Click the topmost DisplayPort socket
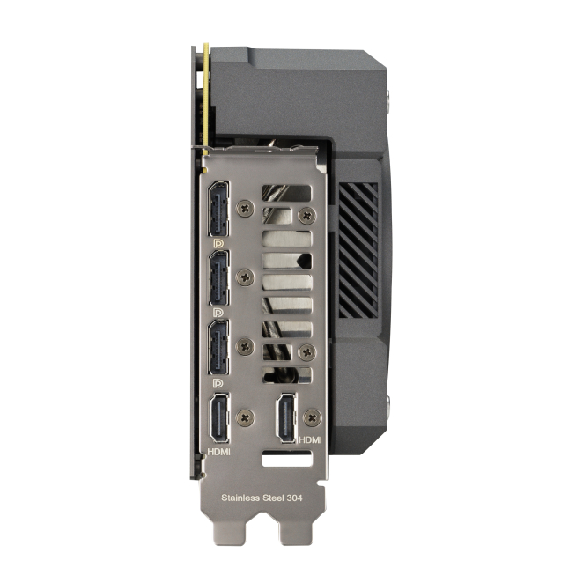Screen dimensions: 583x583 pyautogui.click(x=218, y=209)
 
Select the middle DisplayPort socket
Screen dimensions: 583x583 pyautogui.click(x=218, y=277)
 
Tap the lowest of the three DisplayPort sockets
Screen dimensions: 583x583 pyautogui.click(x=218, y=347)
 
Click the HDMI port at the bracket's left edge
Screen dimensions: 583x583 pyautogui.click(x=219, y=418)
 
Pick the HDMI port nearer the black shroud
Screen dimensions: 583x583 pyautogui.click(x=286, y=418)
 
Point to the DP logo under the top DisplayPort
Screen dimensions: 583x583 pyautogui.click(x=218, y=244)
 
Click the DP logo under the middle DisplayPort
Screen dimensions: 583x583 pyautogui.click(x=218, y=313)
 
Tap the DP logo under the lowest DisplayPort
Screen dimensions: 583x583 pyautogui.click(x=218, y=382)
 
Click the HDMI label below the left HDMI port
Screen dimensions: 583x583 pyautogui.click(x=218, y=452)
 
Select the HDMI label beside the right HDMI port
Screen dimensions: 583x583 pyautogui.click(x=310, y=439)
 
